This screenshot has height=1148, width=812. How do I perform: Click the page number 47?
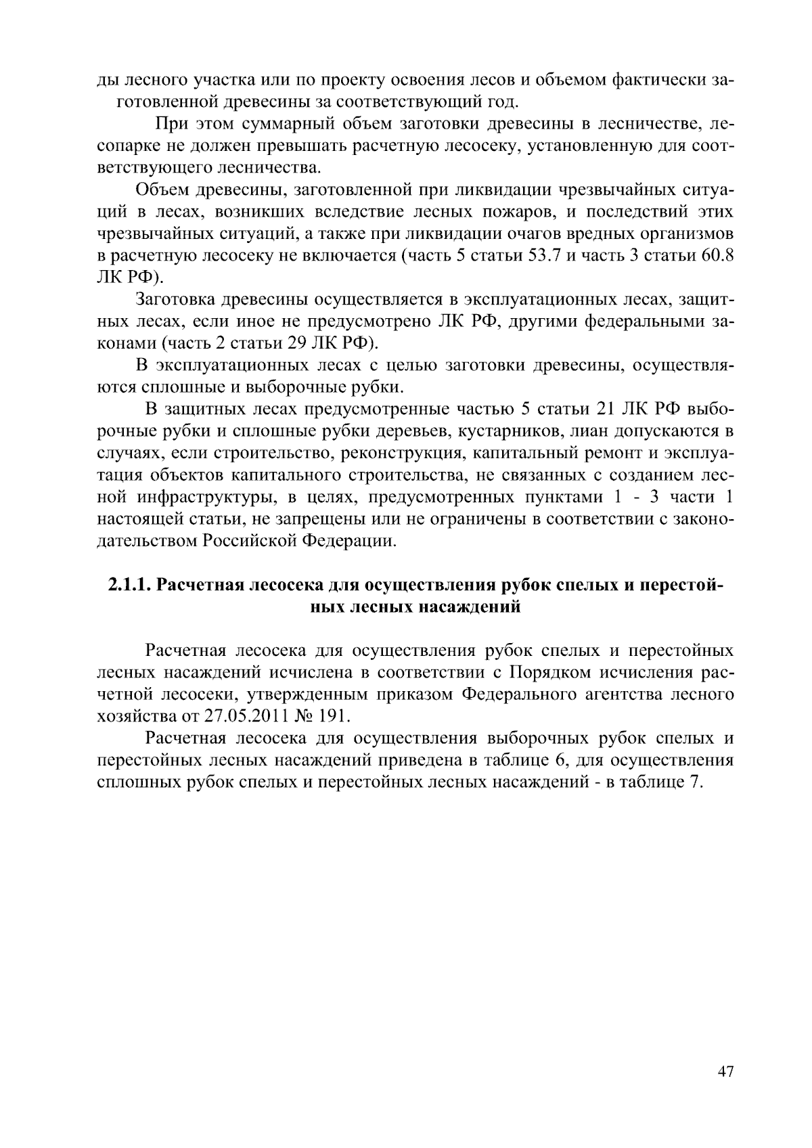click(x=725, y=1072)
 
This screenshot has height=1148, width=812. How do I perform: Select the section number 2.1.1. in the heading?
click(x=130, y=585)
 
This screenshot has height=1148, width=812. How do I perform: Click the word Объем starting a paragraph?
click(x=162, y=191)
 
